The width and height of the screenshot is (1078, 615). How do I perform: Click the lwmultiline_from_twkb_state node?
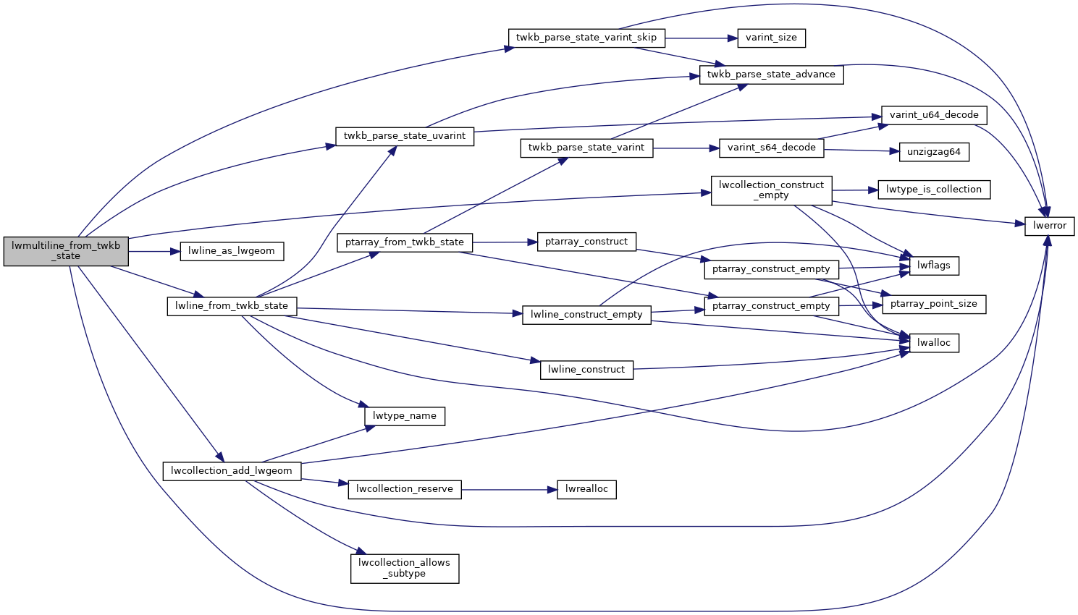66,251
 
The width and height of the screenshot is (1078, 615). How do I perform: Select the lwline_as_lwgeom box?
232,251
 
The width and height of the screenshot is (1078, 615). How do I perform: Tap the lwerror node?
1050,226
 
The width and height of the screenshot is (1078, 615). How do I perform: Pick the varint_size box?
771,38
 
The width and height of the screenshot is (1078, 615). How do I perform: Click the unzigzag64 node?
934,152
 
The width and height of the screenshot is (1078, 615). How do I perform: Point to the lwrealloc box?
586,489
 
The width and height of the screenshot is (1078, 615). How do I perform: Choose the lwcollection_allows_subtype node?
404,568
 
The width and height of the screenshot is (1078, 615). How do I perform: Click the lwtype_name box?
404,416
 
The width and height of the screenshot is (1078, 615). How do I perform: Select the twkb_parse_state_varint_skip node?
586,38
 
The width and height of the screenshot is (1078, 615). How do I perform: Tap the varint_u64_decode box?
934,115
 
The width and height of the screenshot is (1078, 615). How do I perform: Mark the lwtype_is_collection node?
933,190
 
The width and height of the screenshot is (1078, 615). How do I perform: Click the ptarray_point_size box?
934,304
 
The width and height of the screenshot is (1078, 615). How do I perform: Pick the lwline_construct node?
586,370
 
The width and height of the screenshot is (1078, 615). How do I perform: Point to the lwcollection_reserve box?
404,489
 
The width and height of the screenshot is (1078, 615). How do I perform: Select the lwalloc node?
934,343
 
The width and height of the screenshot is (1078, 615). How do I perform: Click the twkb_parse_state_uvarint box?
404,136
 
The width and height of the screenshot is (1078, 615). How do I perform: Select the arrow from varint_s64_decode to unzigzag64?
862,150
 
